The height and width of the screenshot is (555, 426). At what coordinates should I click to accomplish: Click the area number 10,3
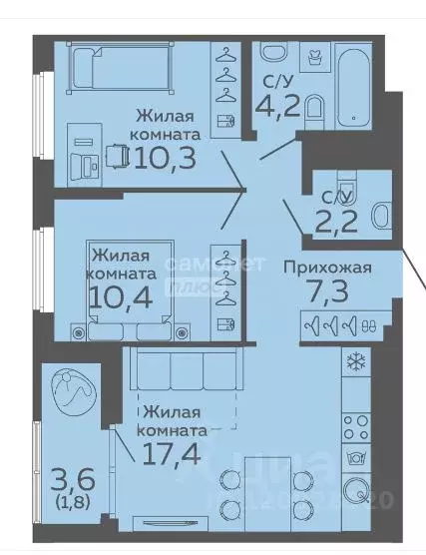tap(165, 158)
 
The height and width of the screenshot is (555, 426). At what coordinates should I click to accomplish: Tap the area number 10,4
tap(125, 296)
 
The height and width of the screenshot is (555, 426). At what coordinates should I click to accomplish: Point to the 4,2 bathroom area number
tap(277, 104)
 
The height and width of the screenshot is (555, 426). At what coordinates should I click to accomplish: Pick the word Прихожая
tap(327, 267)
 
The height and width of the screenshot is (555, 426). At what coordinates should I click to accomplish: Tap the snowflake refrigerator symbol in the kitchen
tap(354, 362)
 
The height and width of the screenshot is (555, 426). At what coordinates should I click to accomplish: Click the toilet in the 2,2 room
tap(378, 214)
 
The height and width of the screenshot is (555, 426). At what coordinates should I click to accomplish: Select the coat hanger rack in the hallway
tap(339, 323)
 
